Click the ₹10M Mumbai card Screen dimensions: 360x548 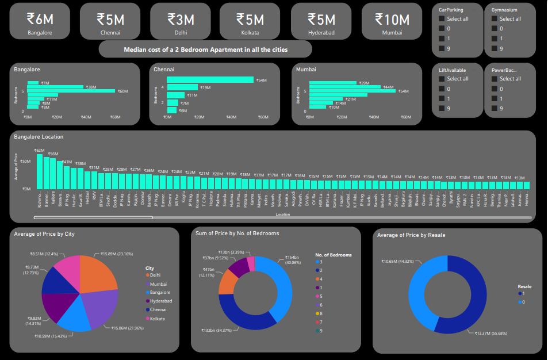(392, 22)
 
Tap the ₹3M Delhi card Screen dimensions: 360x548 (181, 22)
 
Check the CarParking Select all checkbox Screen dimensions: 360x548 (442, 19)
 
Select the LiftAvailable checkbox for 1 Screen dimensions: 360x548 (442, 98)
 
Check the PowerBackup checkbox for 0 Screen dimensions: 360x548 (495, 89)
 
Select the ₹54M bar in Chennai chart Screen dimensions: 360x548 (210, 80)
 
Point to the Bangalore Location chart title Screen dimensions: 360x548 (39, 137)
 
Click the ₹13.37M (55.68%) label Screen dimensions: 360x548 (489, 332)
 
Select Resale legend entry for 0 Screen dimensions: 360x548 (523, 301)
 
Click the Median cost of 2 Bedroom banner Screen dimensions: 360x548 (205, 49)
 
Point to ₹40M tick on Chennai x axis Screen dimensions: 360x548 (231, 117)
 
